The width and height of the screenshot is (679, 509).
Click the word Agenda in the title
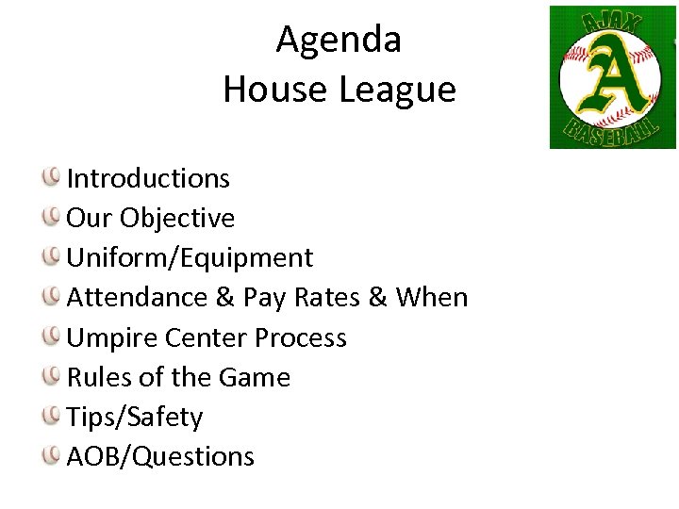[339, 41]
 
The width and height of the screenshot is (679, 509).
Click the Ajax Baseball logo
[612, 77]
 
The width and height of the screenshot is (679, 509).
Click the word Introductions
[148, 178]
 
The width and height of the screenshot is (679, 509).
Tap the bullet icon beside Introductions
[52, 176]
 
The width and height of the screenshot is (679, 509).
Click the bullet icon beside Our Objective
[52, 216]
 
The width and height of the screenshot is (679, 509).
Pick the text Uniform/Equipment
[190, 257]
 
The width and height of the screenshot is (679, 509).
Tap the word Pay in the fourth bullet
[265, 298]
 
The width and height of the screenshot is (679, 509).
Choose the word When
[432, 297]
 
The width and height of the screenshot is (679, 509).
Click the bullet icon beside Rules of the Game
[52, 375]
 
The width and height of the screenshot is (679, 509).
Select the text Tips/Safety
[135, 417]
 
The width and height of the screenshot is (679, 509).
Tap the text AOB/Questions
[160, 456]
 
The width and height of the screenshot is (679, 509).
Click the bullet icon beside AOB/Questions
[52, 454]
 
